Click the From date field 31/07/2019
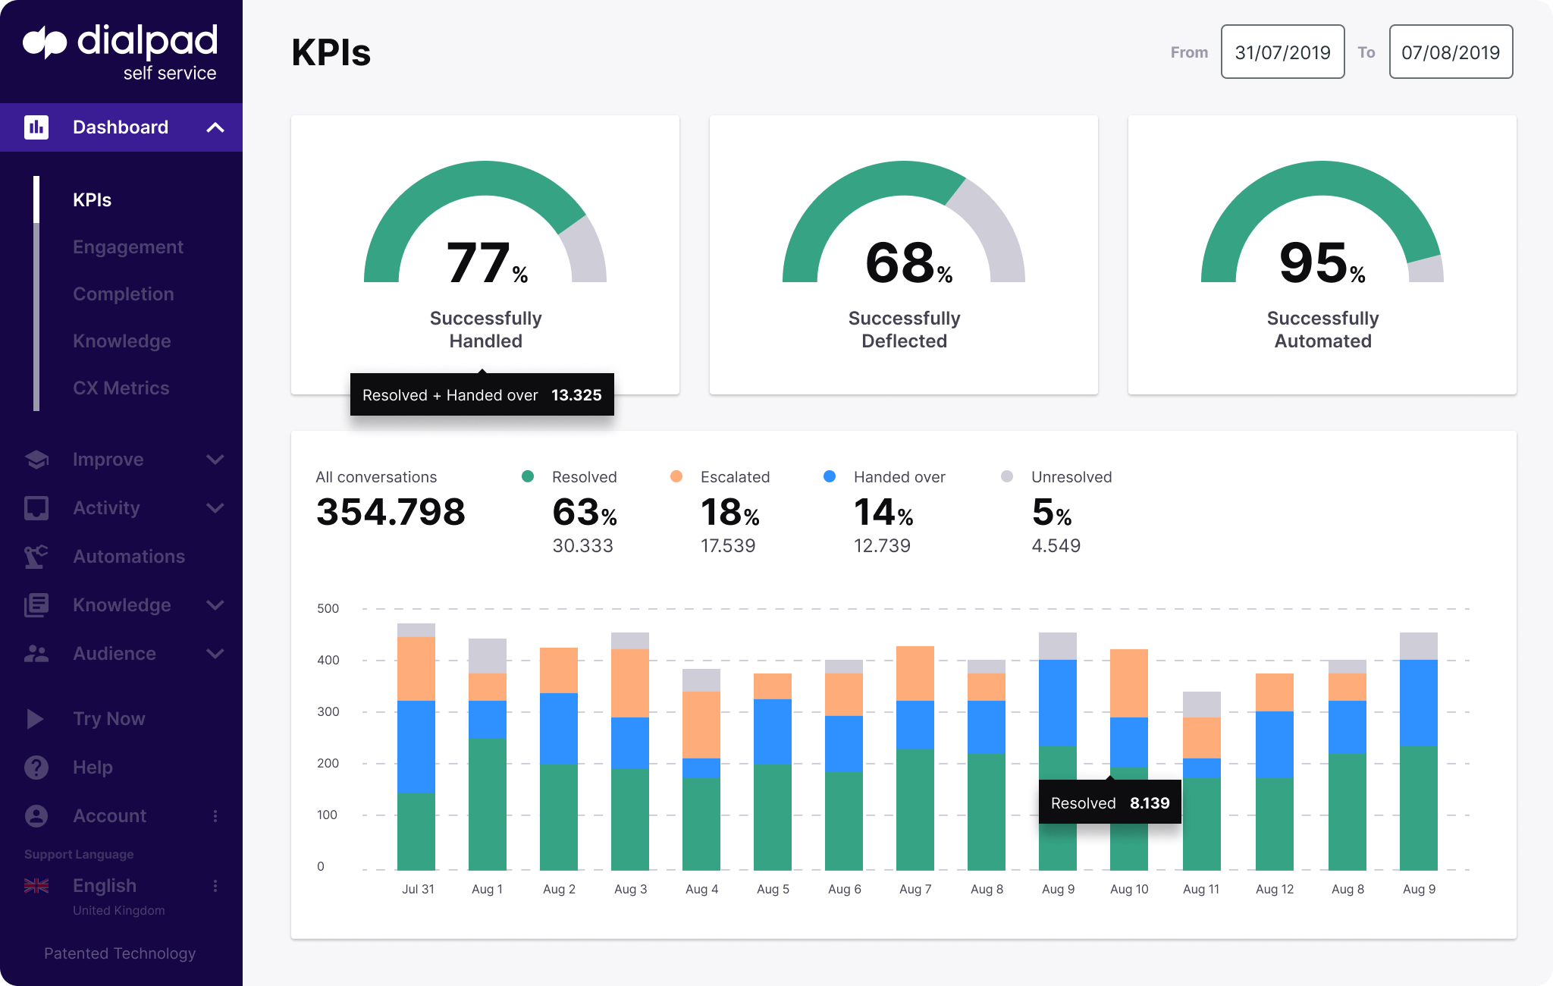1282,52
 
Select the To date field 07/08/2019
1450,52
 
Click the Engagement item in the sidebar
127,247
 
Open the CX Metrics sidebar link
121,388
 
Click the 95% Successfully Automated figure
1322,263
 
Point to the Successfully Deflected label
904,329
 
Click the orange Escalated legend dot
676,476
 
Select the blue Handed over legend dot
830,476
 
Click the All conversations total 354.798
391,512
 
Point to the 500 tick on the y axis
328,608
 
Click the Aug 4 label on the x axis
701,889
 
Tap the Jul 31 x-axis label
418,889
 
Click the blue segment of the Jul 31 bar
416,746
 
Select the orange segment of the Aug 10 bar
1128,683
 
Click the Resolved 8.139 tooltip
1109,803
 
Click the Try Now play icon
35,719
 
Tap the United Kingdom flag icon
36,886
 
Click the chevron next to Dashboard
215,127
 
